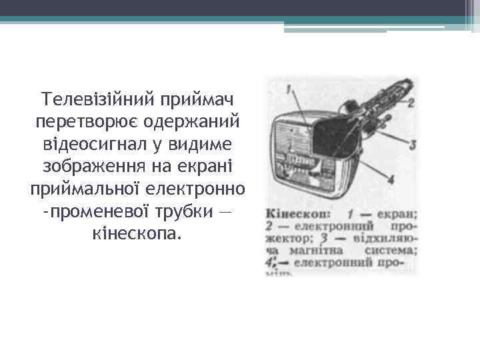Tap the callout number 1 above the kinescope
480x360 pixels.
tap(288, 88)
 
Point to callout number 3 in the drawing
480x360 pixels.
tap(413, 143)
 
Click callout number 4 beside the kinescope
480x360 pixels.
tap(391, 180)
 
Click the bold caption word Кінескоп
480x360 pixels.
tap(295, 215)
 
